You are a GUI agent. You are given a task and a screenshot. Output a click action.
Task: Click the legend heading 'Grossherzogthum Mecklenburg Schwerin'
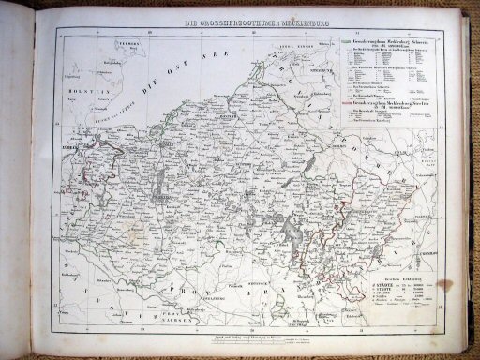click(x=387, y=44)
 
